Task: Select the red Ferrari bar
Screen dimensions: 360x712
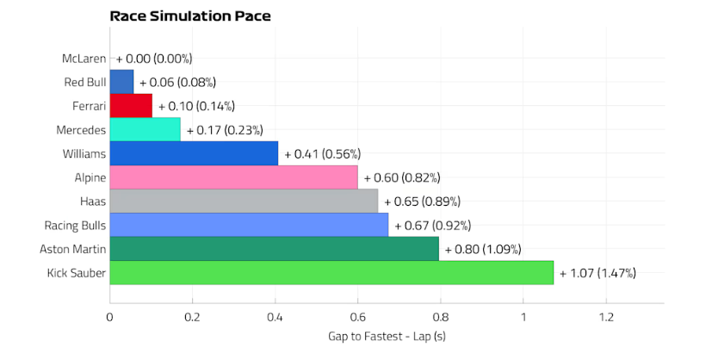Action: tap(131, 106)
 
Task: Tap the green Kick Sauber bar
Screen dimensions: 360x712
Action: tap(331, 273)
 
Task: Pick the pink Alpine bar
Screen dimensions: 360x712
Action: tap(233, 177)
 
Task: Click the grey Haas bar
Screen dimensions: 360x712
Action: tap(244, 202)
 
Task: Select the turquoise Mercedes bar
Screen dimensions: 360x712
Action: tap(145, 130)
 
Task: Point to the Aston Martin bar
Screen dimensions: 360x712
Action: tap(274, 249)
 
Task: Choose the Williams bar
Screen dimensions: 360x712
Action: tap(194, 153)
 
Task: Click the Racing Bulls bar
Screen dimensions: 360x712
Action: tap(249, 226)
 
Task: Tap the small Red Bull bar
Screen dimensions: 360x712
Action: tap(121, 82)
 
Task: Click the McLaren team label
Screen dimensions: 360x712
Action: tap(84, 59)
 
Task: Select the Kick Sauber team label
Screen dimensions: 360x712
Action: tap(77, 273)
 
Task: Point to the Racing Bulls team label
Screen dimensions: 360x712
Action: tap(75, 226)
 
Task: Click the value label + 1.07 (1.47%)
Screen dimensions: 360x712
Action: tap(597, 273)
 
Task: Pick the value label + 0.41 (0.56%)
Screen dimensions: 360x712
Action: tap(322, 153)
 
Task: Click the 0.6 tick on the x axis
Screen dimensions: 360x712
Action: tap(357, 316)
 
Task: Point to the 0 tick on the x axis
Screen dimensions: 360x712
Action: tap(110, 316)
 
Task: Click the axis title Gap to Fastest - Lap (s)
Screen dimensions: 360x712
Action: tap(387, 335)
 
